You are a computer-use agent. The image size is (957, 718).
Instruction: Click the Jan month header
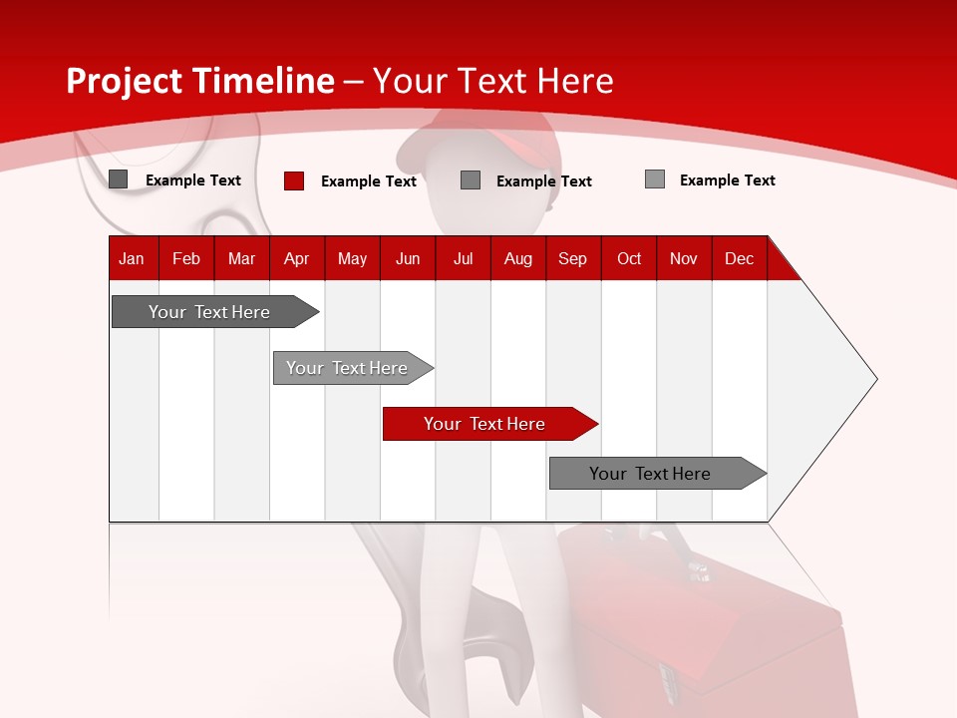pyautogui.click(x=132, y=258)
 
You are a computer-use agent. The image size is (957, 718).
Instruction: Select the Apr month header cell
pyautogui.click(x=297, y=258)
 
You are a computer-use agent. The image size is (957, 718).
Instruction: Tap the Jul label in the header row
pyautogui.click(x=463, y=258)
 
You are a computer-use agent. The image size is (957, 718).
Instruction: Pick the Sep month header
pyautogui.click(x=572, y=258)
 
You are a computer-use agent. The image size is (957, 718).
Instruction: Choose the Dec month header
pyautogui.click(x=739, y=258)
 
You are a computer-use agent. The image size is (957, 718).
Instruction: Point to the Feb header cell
pyautogui.click(x=186, y=258)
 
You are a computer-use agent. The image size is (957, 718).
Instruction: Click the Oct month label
pyautogui.click(x=629, y=258)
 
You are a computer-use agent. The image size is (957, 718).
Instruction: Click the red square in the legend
pyautogui.click(x=294, y=180)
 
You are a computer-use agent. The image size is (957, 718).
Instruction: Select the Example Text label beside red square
pyautogui.click(x=369, y=181)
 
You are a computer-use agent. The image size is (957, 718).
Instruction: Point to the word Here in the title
pyautogui.click(x=574, y=81)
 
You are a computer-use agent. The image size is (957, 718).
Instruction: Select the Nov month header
pyautogui.click(x=684, y=258)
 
